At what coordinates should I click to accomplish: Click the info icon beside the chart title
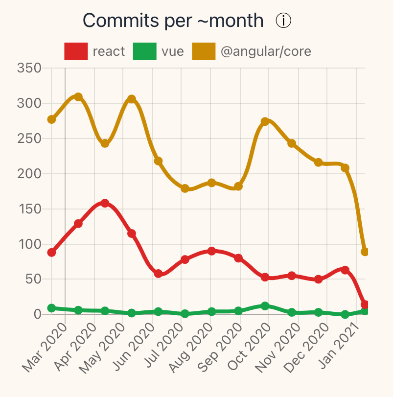tap(283, 21)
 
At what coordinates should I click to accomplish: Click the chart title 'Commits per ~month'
tap(173, 21)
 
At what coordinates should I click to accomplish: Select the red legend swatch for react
tap(76, 51)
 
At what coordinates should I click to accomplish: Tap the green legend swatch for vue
tap(144, 51)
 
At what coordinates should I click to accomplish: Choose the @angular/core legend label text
tap(266, 51)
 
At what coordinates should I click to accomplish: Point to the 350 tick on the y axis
tap(29, 68)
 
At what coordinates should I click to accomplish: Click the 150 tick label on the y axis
tap(29, 209)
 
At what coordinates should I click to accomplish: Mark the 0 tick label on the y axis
tap(37, 314)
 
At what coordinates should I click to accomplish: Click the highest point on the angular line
tap(78, 97)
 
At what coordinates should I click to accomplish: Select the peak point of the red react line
tap(105, 203)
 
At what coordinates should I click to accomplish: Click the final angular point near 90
tap(365, 252)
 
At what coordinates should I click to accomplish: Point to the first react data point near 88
tap(51, 253)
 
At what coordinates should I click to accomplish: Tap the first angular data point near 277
tap(51, 119)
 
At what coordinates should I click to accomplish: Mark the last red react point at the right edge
tap(365, 304)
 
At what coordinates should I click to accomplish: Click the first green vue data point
tap(51, 308)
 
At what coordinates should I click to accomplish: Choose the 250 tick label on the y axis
tap(29, 139)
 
